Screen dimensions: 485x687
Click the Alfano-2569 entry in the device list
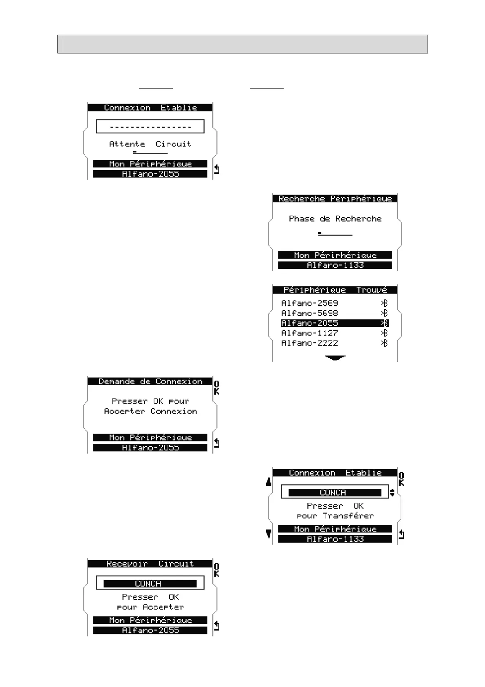tap(309, 303)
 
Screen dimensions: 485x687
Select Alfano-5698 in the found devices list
tap(309, 313)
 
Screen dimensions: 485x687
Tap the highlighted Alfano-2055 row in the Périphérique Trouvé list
tap(334, 323)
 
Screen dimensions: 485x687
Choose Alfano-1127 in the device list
tap(309, 333)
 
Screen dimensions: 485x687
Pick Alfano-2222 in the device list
tap(309, 343)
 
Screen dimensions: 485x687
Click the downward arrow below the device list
tap(335, 358)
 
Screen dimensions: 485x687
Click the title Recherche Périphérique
tap(335, 199)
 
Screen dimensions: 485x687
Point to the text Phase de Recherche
tap(335, 219)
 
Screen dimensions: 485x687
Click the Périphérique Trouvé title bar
tap(335, 290)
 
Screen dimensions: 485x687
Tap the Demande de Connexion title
tap(150, 381)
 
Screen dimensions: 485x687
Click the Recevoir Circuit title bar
tap(150, 564)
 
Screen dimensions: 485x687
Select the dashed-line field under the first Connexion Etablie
tap(150, 126)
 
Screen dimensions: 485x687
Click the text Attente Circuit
tap(150, 144)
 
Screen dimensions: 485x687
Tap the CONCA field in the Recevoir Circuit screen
tap(150, 583)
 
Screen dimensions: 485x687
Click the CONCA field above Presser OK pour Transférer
tap(335, 492)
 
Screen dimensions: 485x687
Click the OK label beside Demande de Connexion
tap(217, 388)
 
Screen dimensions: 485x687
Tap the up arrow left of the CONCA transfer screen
tap(269, 482)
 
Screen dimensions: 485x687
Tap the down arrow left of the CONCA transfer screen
tap(269, 533)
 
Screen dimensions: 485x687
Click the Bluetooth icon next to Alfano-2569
tap(384, 303)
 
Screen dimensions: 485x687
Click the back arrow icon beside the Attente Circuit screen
tap(217, 169)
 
